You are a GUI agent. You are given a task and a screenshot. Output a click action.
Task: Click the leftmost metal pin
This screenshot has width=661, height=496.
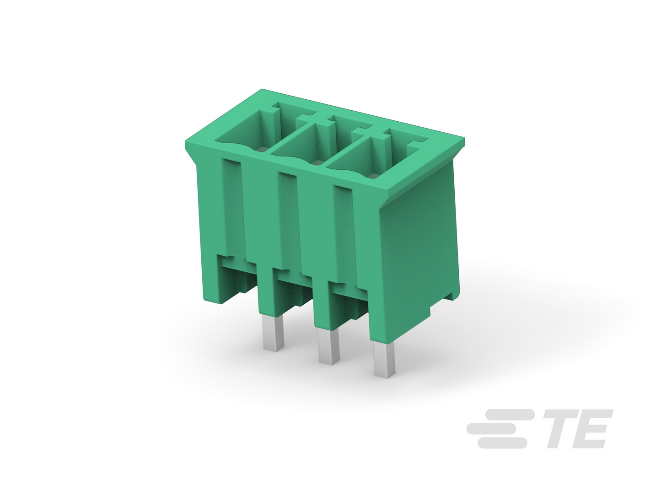click(x=274, y=333)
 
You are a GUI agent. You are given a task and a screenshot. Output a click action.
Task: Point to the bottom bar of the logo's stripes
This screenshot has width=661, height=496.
click(x=502, y=443)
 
